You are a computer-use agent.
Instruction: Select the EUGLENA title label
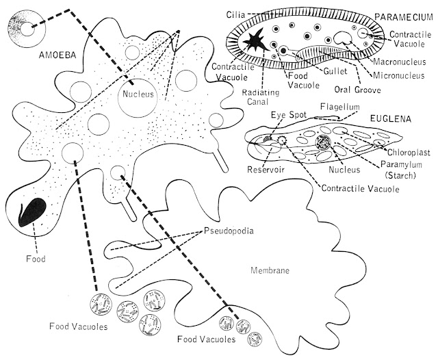390,118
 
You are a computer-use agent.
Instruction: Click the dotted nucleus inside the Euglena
322,146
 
